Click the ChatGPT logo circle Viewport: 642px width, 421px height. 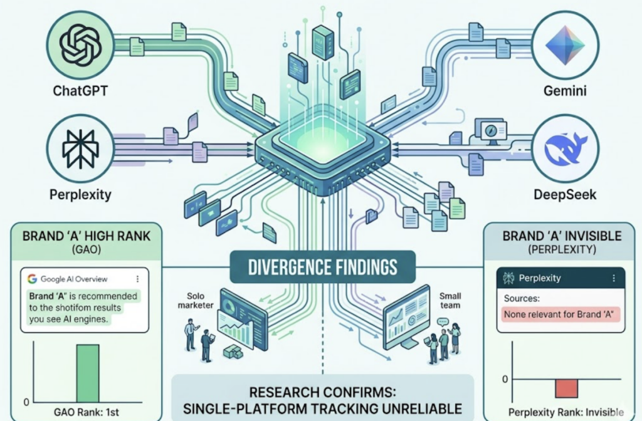80,45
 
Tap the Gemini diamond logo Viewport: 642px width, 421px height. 565,45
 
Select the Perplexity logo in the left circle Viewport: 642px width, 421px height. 80,149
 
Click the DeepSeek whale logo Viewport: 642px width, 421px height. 566,148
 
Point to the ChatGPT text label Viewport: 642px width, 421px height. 80,90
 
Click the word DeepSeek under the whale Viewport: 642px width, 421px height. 565,194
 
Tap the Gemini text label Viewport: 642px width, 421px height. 565,90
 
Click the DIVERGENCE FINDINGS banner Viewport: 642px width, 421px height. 323,267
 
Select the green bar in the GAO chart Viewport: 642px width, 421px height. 88,373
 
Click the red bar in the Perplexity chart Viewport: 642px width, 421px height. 566,388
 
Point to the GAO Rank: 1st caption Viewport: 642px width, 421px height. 87,412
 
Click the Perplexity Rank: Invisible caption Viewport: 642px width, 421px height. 566,412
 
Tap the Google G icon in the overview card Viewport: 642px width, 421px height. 33,279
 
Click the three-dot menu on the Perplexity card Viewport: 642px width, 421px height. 613,278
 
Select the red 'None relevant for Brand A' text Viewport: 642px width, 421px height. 559,314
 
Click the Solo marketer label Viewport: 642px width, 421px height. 196,300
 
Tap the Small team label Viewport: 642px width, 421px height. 450,300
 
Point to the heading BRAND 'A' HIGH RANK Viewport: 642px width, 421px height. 87,236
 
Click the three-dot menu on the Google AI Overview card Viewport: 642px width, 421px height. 137,279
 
